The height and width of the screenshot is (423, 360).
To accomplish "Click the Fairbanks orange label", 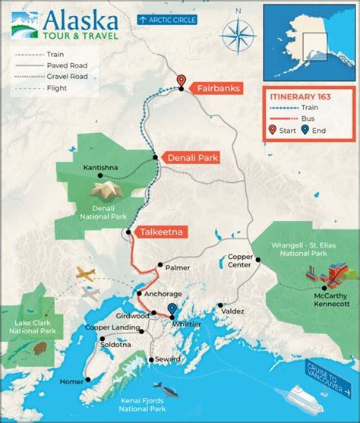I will pos(219,89).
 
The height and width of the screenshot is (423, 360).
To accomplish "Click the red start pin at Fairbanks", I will pos(181,81).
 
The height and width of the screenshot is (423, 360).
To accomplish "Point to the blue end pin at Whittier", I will pos(172,310).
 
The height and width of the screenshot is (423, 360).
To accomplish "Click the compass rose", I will pos(238,37).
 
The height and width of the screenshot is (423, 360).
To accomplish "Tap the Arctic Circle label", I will pos(168,17).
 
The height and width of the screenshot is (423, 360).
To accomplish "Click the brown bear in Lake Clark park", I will pos(38,350).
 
